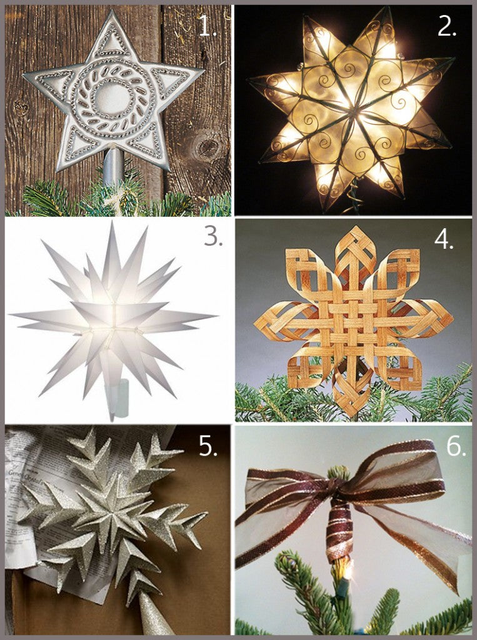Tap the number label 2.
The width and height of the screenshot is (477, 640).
point(446,26)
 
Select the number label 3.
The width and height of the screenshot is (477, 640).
point(213,237)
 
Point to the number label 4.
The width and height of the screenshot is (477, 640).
point(444,240)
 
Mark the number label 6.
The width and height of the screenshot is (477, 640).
point(455,446)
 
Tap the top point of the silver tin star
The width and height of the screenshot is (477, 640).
point(111,14)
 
